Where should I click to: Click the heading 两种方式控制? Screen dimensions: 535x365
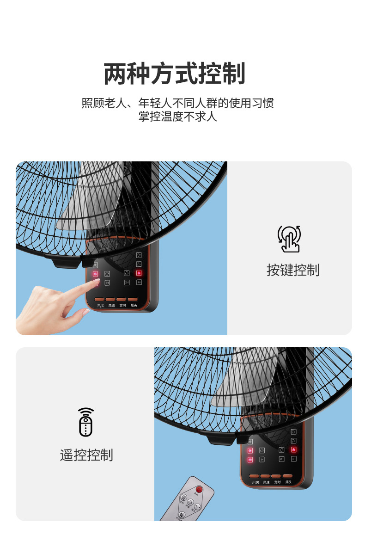(x=174, y=74)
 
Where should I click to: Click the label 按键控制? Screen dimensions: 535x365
(x=292, y=270)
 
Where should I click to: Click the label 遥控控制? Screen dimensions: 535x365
(x=86, y=455)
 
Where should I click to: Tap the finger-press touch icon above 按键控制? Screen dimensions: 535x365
(x=289, y=239)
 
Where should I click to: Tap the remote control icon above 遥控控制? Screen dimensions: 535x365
(x=86, y=422)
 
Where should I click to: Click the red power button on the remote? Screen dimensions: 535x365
(x=199, y=489)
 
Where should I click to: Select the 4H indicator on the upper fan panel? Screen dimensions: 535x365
(x=139, y=282)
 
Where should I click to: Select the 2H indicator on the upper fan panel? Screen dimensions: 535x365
(x=127, y=282)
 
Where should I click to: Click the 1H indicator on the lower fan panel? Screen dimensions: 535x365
(x=262, y=459)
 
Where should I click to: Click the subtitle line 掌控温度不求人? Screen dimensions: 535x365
(x=177, y=117)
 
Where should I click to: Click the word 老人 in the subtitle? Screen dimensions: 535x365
(x=117, y=103)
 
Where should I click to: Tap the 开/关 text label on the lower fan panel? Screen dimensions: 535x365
(x=255, y=482)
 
